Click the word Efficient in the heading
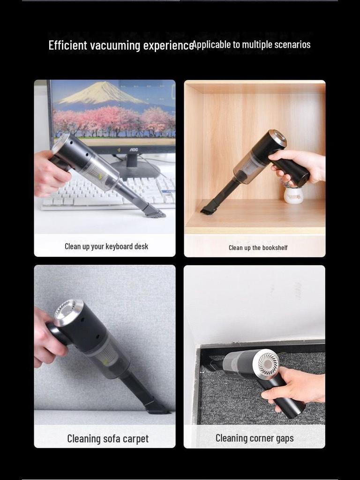(68, 45)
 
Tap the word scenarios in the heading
(292, 45)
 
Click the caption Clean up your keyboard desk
(106, 247)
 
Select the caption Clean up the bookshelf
(258, 247)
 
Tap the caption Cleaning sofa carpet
(107, 439)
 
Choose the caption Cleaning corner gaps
(255, 438)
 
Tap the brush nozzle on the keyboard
(154, 211)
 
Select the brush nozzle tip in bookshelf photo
(208, 210)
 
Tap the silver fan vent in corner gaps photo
(268, 363)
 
